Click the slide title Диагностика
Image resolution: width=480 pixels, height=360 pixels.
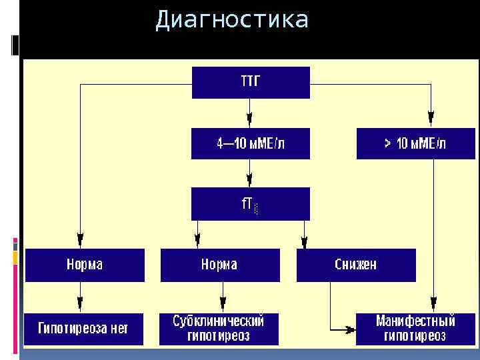tap(232, 20)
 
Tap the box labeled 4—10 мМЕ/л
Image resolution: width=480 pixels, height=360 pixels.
tap(251, 143)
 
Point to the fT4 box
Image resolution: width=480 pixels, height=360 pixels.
tap(251, 203)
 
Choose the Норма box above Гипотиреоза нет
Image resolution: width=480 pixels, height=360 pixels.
tap(85, 265)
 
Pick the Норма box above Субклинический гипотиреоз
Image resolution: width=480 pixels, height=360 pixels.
tap(219, 265)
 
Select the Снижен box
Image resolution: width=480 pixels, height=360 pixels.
tap(356, 265)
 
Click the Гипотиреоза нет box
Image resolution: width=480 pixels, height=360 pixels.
tap(84, 328)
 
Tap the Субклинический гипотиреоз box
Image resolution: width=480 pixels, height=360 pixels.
tap(219, 328)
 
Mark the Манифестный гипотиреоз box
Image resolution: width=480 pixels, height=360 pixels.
tap(415, 328)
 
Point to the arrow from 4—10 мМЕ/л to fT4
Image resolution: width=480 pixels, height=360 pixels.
tap(250, 174)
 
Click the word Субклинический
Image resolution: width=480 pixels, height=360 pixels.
tap(219, 321)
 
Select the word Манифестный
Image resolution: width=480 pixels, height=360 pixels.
tap(415, 321)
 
